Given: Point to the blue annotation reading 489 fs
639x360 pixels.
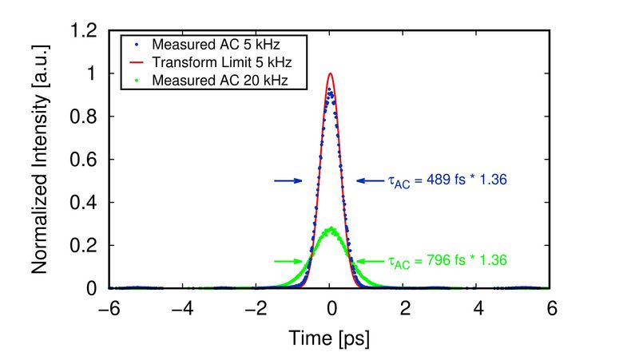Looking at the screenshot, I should click(x=448, y=181).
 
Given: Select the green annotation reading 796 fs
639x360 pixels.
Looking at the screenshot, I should click(x=448, y=260).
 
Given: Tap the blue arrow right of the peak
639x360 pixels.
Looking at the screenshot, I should click(x=371, y=181).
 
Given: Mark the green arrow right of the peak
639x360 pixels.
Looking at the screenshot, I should click(x=370, y=261).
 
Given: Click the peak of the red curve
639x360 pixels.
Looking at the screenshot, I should click(x=330, y=73).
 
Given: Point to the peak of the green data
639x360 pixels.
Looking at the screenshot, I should click(x=330, y=229).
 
